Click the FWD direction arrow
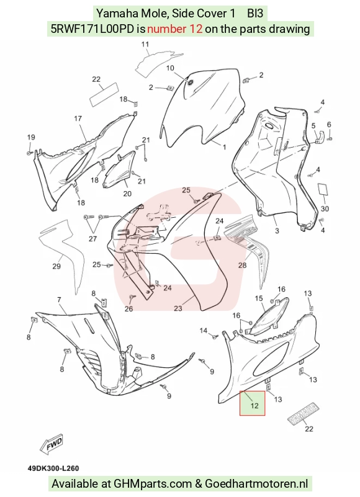52,444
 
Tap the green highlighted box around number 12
252,403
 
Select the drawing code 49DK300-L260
53,468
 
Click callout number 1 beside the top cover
225,148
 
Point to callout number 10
170,68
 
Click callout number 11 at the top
145,45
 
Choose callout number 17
78,119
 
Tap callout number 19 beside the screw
31,137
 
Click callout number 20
127,194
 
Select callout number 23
178,308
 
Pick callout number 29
56,266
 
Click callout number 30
325,208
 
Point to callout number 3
277,231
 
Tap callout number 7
59,300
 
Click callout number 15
259,298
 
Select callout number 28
242,265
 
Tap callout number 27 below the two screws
92,238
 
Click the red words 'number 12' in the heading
175,29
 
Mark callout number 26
128,308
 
